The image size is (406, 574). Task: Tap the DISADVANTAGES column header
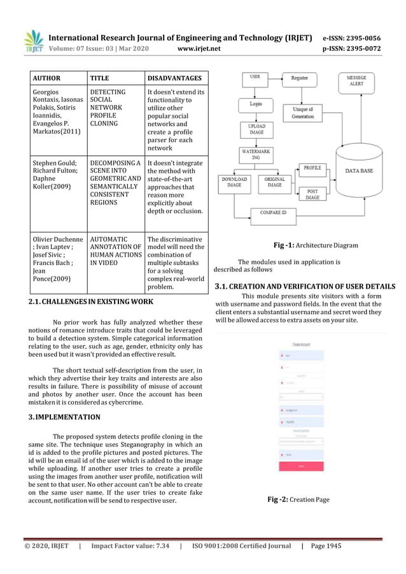click(174, 78)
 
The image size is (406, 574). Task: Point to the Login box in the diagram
click(255, 103)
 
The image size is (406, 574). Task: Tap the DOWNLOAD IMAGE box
click(234, 183)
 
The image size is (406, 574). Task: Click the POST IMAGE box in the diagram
click(312, 194)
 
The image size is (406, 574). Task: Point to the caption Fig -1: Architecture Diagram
click(315, 245)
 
